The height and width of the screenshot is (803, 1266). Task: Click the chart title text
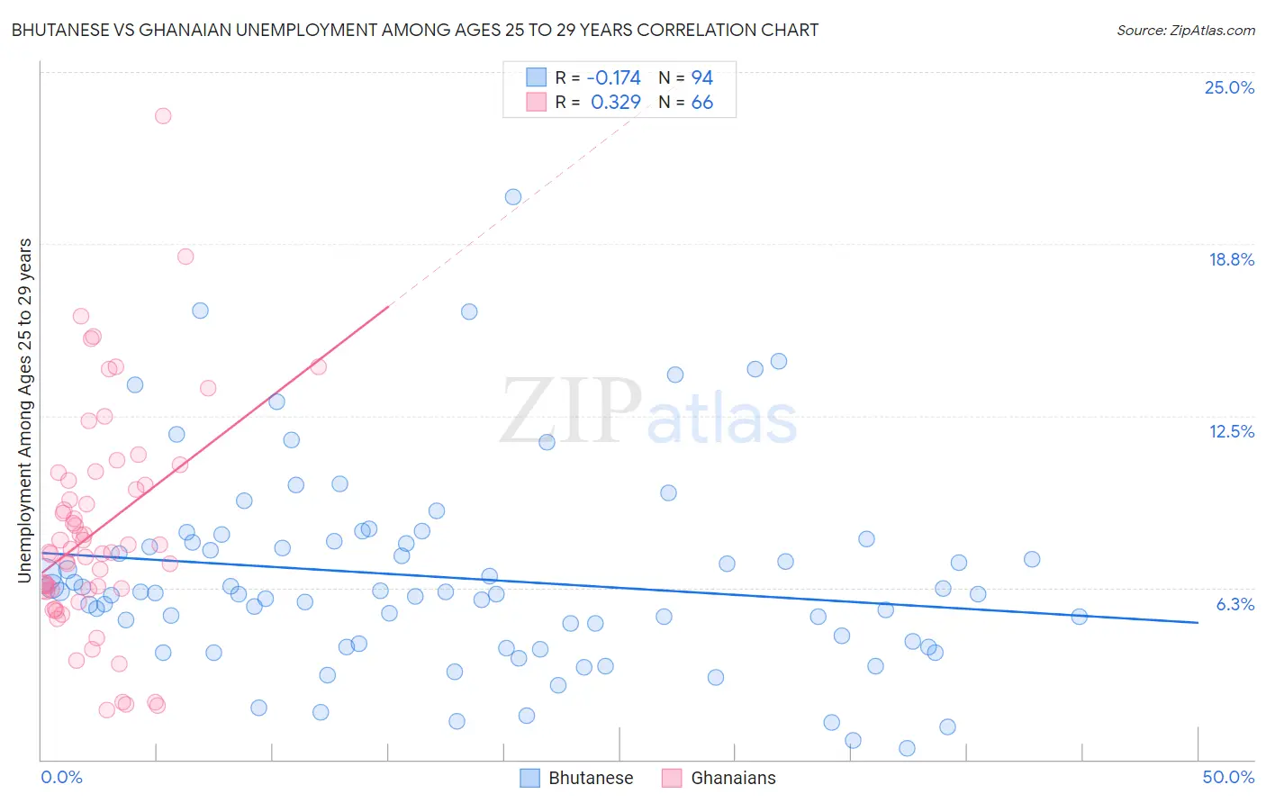pyautogui.click(x=415, y=30)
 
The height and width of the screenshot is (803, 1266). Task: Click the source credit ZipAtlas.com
pyautogui.click(x=1185, y=31)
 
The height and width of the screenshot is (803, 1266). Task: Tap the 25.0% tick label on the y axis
pyautogui.click(x=1229, y=87)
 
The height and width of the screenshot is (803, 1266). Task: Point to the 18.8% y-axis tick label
pyautogui.click(x=1231, y=259)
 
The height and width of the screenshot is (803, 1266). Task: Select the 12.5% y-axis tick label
pyautogui.click(x=1231, y=431)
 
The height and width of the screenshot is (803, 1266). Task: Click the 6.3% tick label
pyautogui.click(x=1234, y=604)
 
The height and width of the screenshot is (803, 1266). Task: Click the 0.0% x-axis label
pyautogui.click(x=61, y=777)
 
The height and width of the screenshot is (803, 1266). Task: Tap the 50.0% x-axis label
pyautogui.click(x=1228, y=777)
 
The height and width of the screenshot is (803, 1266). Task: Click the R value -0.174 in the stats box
pyautogui.click(x=613, y=77)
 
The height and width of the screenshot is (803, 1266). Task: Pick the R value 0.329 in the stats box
pyautogui.click(x=616, y=103)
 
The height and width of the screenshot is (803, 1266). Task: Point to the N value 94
pyautogui.click(x=702, y=77)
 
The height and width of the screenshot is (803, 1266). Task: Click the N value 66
pyautogui.click(x=702, y=103)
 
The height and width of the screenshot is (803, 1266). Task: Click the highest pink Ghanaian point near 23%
pyautogui.click(x=163, y=115)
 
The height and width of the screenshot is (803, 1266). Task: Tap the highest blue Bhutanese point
pyautogui.click(x=513, y=197)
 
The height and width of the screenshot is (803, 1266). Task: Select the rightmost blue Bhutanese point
pyautogui.click(x=1079, y=617)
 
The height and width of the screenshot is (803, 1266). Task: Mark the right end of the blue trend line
pyautogui.click(x=1198, y=622)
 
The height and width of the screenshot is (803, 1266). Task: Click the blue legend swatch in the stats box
pyautogui.click(x=536, y=77)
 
